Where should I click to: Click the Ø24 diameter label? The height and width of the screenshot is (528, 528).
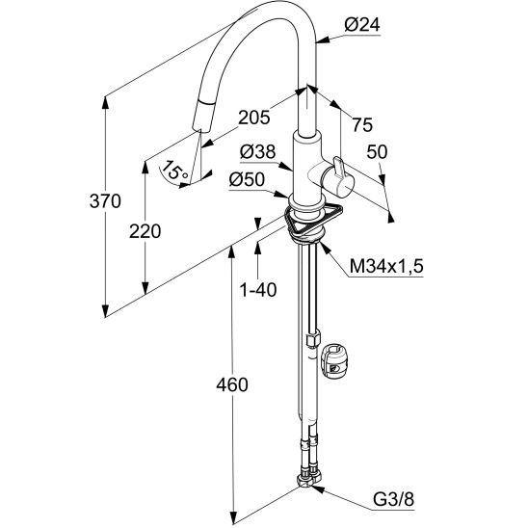coord(362,25)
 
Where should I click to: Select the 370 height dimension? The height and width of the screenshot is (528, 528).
coord(105,201)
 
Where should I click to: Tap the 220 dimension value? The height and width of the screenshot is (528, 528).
coord(145,231)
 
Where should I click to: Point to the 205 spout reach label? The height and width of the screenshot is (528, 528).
coord(254,118)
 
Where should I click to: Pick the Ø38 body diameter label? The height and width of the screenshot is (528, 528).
coord(257,152)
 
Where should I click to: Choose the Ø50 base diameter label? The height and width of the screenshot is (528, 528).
coord(247,180)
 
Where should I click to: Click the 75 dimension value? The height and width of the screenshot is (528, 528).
coord(362,124)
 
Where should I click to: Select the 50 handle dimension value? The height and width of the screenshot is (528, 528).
coord(377,152)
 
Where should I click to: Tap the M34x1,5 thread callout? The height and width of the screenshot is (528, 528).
coord(386,267)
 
